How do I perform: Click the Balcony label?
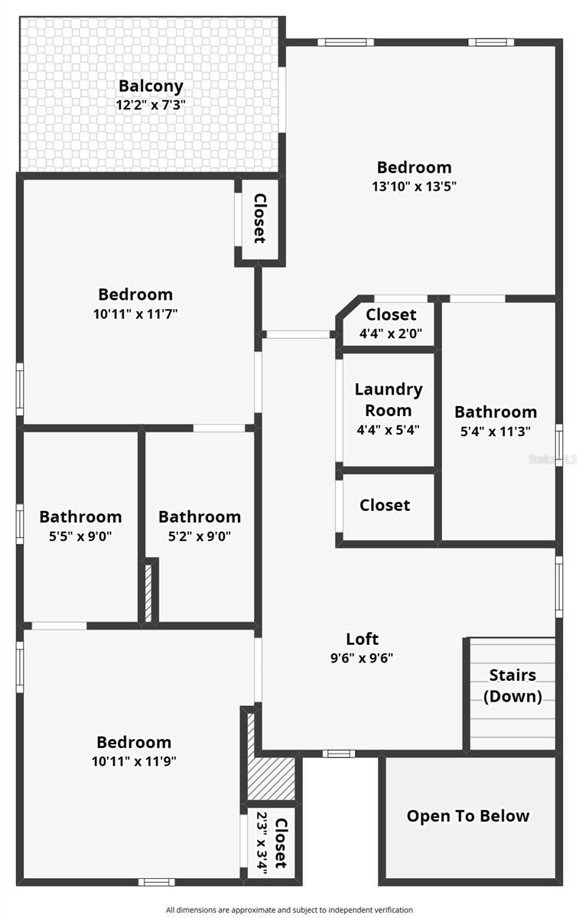tap(151, 86)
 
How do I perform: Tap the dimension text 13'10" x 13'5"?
tap(414, 186)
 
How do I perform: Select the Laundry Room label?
tap(389, 399)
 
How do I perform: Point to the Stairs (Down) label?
tap(512, 685)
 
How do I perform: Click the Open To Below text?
tap(468, 815)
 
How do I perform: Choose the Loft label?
tap(363, 639)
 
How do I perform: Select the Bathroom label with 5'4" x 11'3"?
tap(496, 412)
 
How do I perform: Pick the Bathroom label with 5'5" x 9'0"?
tap(80, 517)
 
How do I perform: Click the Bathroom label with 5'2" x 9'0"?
tap(200, 517)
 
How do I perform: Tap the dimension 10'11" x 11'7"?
tap(135, 313)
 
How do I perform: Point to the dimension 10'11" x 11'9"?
tap(134, 761)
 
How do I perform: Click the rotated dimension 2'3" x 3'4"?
tap(262, 844)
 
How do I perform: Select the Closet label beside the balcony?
tap(259, 218)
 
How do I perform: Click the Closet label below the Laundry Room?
tap(385, 505)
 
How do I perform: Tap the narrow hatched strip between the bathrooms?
tap(150, 591)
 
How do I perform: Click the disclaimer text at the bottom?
tap(289, 910)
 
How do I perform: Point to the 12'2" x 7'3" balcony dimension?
tap(151, 105)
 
